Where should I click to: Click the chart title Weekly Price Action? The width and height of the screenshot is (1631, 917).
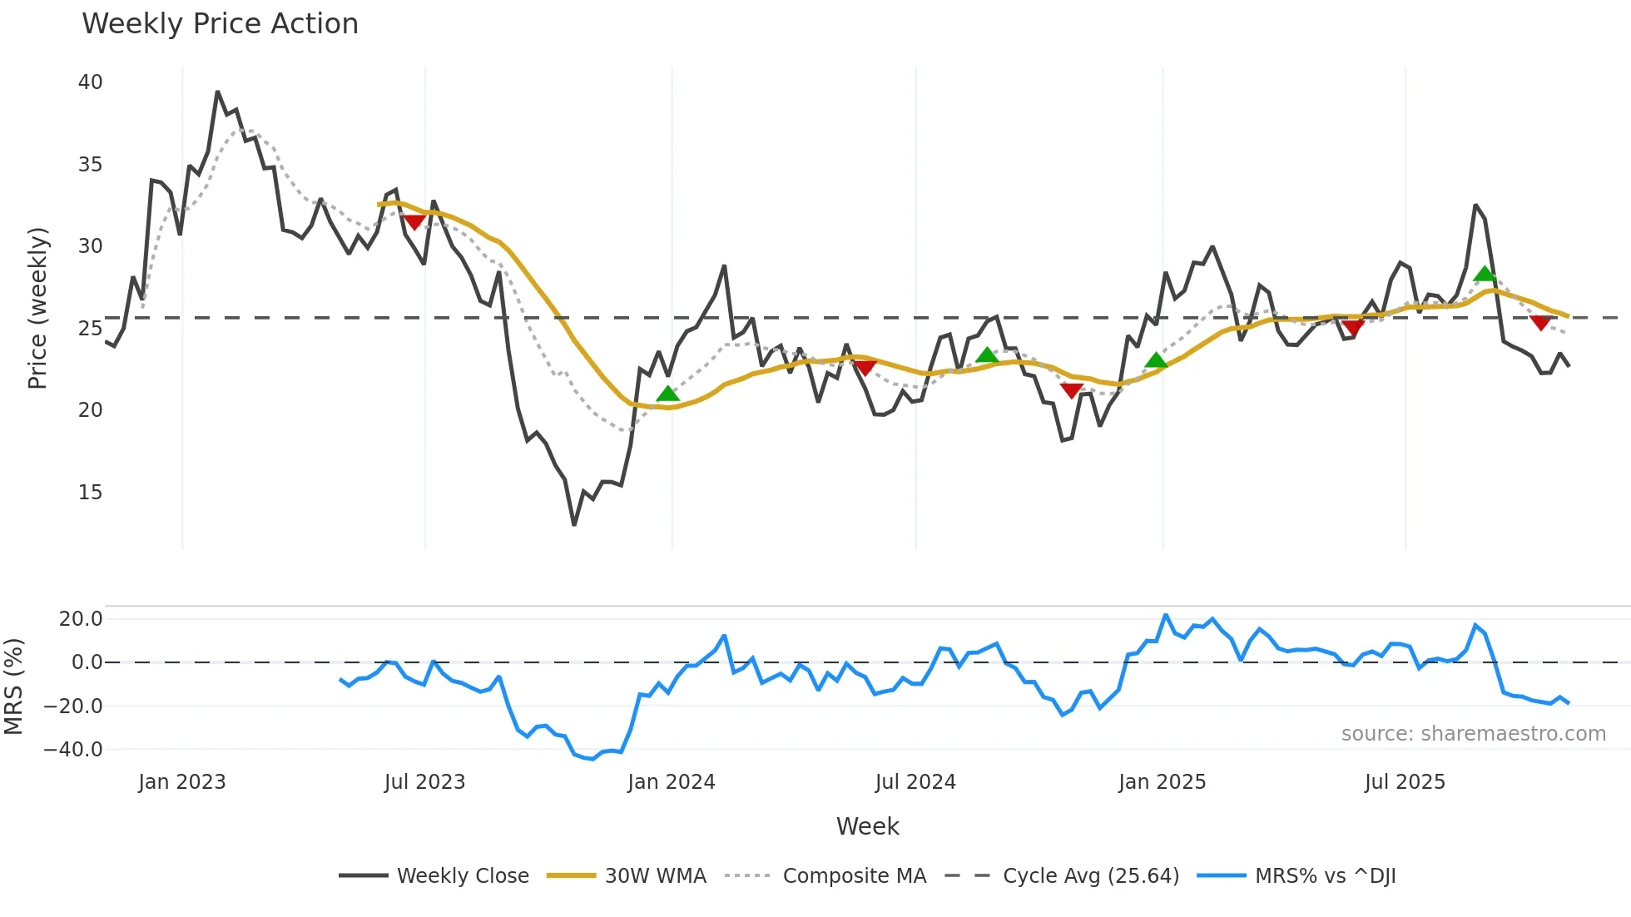[220, 24]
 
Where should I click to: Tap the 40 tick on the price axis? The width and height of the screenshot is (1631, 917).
[90, 82]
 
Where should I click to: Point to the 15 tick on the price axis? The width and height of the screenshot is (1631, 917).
[90, 493]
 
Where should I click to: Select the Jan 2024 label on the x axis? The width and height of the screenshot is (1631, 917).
[671, 782]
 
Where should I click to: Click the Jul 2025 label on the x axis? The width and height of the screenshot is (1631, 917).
[1405, 782]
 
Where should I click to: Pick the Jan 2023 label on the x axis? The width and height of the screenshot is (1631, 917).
[181, 782]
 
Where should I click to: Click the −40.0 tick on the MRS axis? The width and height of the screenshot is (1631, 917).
[73, 750]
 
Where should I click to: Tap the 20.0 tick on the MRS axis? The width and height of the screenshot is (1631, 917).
[80, 619]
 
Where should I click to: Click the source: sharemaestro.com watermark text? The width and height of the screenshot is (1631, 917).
[1473, 734]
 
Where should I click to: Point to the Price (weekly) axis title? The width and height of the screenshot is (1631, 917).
[38, 308]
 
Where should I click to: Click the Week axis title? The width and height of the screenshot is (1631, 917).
[867, 826]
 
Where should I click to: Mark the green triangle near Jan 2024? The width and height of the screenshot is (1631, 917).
[667, 394]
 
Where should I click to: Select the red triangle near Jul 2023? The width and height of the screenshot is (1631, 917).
[414, 222]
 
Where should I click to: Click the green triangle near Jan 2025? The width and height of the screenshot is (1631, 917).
[1156, 360]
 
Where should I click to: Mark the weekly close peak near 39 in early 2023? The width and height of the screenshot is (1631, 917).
[217, 92]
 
